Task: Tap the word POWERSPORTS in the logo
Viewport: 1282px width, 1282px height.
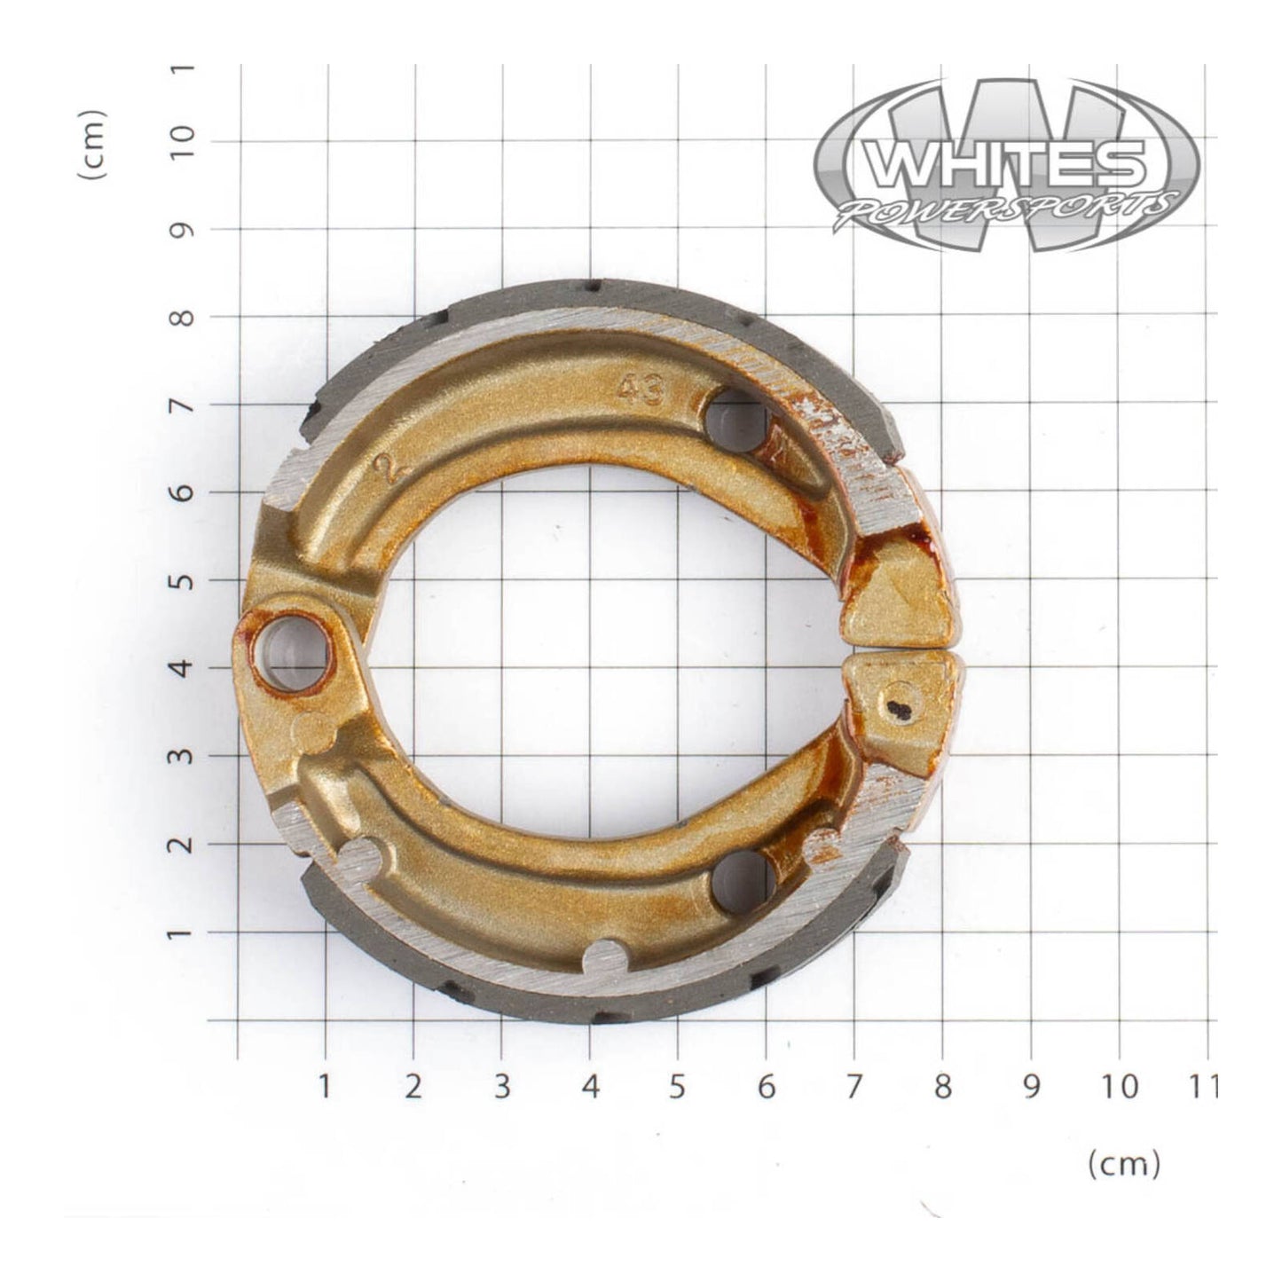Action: coord(1006,209)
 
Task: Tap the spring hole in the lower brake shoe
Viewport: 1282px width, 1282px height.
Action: coord(743,881)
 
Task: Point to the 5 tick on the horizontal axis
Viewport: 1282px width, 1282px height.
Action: coord(678,1086)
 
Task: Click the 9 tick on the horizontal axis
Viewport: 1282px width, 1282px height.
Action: coord(1030,1086)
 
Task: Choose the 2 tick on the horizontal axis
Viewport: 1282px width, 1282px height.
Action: coord(413,1086)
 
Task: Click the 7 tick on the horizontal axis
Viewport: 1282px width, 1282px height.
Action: coord(853,1086)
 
